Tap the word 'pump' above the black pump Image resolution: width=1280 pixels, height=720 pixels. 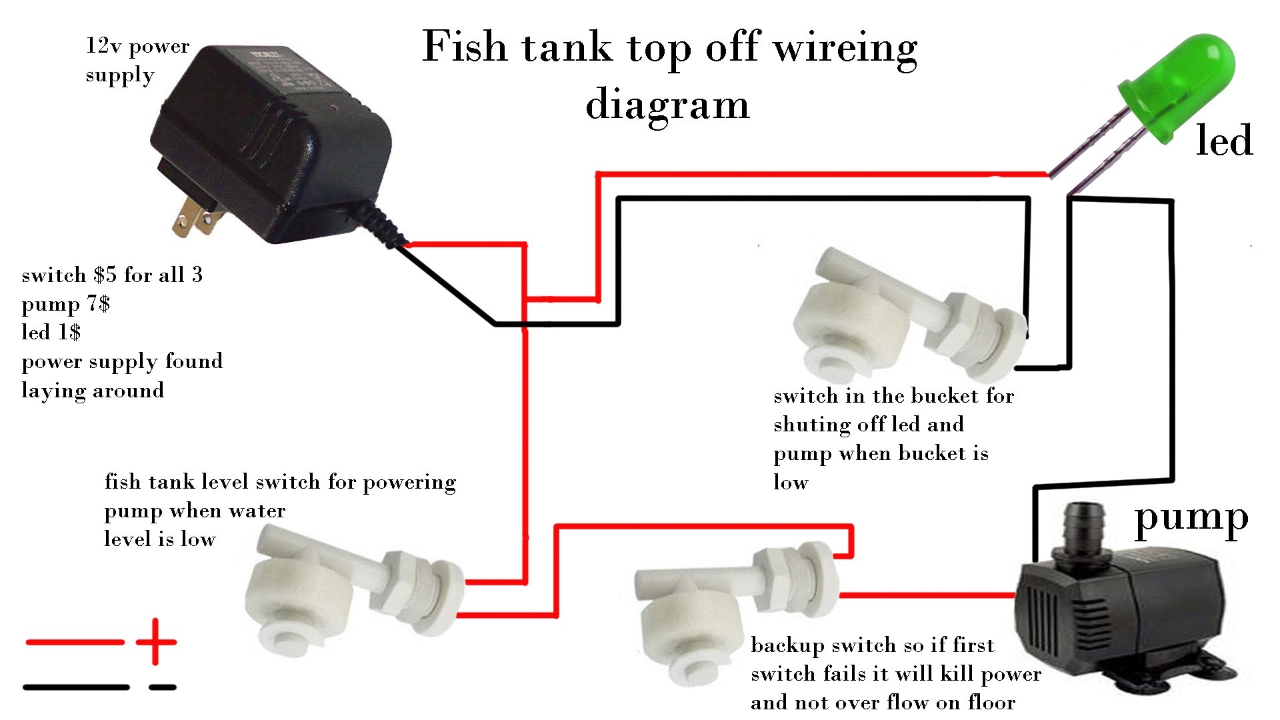tap(1191, 519)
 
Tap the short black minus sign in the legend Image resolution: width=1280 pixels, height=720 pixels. tap(163, 687)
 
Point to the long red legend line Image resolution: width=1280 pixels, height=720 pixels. tap(75, 642)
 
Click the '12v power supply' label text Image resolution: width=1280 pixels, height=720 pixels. tap(137, 61)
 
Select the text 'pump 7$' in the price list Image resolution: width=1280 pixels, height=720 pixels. tap(65, 304)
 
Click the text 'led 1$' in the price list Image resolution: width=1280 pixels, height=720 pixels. tap(51, 332)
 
